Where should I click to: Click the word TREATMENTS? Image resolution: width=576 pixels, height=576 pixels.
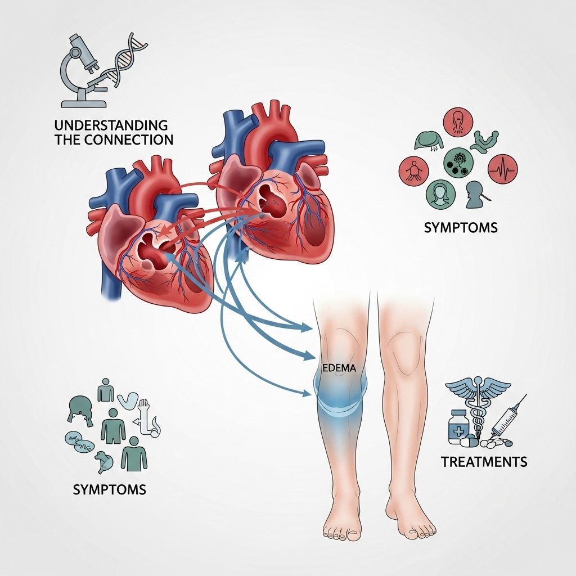pyautogui.click(x=484, y=462)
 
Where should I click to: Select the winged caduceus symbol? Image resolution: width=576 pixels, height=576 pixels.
pyautogui.click(x=478, y=402)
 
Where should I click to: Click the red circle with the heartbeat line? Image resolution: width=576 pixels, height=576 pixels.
pyautogui.click(x=502, y=167)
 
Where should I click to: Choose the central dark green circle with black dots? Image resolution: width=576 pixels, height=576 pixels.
pyautogui.click(x=457, y=163)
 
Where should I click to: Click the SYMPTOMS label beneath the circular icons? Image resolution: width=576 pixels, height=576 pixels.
pyautogui.click(x=461, y=228)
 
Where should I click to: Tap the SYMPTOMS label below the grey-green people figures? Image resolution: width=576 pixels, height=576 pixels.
pyautogui.click(x=110, y=489)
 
